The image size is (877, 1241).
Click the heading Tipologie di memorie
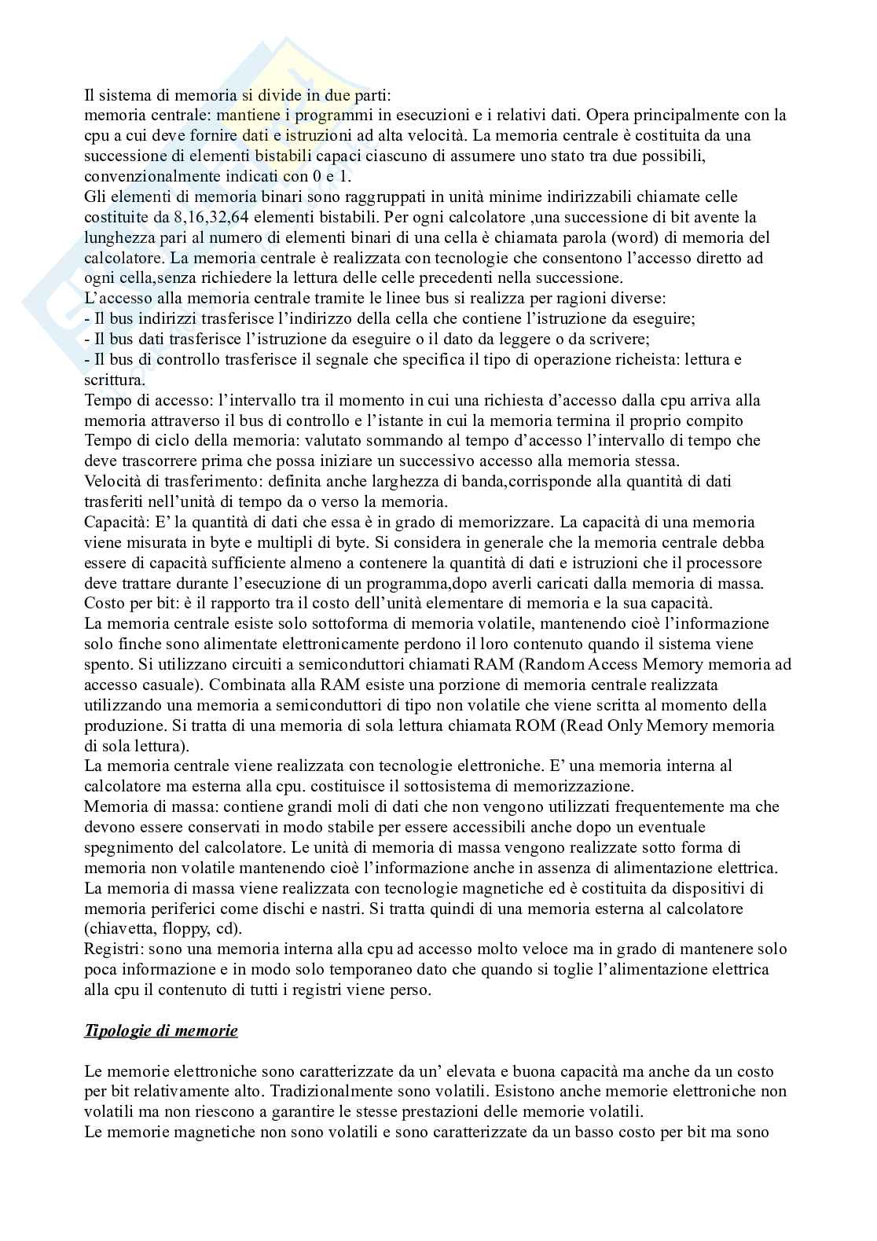[160, 1030]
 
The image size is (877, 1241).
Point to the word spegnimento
[126, 848]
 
